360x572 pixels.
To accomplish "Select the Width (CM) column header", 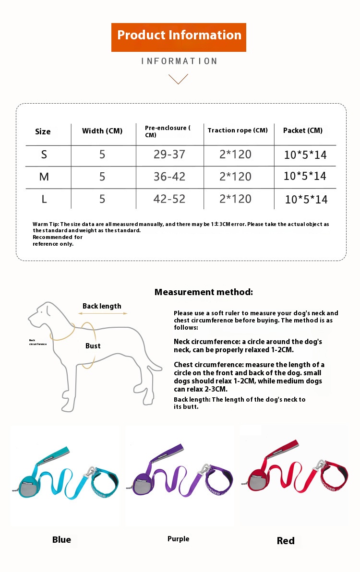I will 102,131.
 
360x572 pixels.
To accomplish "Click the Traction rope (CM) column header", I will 238,131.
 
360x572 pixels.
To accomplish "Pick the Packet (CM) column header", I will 303,131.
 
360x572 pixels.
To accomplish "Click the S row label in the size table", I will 44,155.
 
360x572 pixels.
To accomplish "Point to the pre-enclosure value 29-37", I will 169,155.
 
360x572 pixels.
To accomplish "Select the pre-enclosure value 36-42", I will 169,177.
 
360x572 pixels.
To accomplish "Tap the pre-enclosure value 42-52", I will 169,199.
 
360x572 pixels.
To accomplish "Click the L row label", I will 44,199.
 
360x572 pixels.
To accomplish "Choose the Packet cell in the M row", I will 305,176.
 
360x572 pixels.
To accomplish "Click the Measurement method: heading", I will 204,292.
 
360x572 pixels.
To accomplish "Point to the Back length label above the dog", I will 102,306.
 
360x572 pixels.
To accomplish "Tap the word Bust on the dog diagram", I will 93,346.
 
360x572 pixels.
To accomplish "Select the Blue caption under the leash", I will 61,540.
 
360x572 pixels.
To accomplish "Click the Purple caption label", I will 178,539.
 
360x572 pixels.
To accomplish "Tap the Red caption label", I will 286,541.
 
